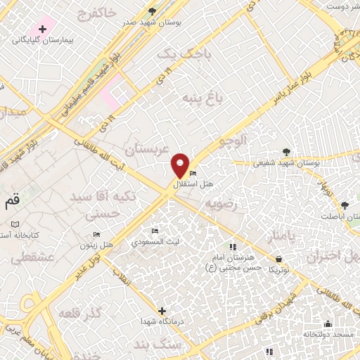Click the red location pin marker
[181, 165]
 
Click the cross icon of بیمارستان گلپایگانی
[44, 30]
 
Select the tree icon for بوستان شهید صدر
[153, 11]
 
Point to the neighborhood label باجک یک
[175, 53]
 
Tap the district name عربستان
[143, 149]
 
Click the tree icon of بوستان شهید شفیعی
[285, 151]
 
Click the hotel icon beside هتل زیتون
[97, 234]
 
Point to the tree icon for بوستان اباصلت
[345, 205]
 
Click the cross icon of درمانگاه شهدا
[162, 310]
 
